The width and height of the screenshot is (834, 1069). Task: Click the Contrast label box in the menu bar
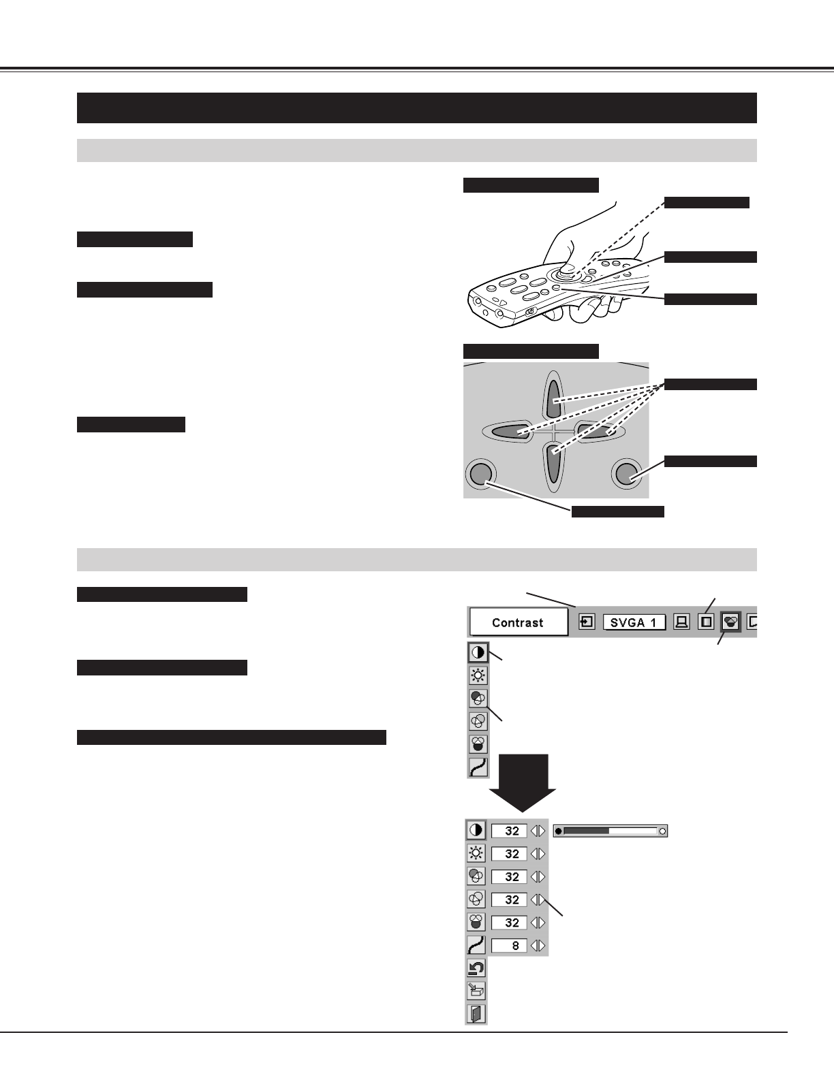pos(518,622)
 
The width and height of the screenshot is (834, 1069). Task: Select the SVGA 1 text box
pos(634,622)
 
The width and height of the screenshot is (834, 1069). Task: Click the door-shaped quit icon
pos(476,1014)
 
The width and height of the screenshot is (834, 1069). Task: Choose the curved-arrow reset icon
pos(476,968)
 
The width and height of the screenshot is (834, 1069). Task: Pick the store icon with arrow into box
pos(476,991)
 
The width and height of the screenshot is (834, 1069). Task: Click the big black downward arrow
pos(523,783)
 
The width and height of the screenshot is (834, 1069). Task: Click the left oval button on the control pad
pos(508,431)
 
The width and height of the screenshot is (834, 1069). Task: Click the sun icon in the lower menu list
pos(476,853)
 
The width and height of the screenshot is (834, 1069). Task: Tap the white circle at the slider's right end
pos(662,831)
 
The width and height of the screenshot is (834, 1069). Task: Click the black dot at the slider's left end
pos(559,831)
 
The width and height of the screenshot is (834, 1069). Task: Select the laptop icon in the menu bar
pos(681,622)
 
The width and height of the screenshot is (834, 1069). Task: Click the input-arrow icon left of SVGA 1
pos(586,622)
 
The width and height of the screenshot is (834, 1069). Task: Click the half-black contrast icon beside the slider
pos(476,831)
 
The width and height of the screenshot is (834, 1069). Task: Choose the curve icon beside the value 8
pos(476,945)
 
